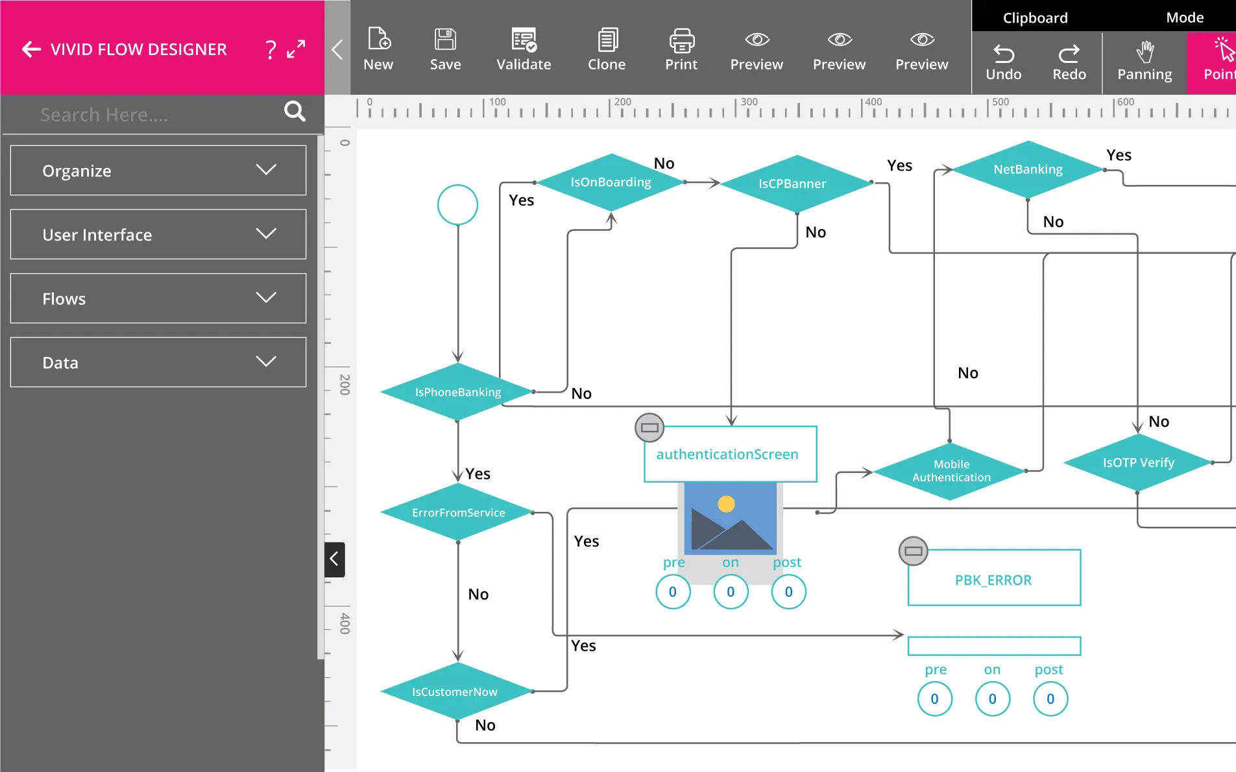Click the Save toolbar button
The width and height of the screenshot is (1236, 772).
click(445, 49)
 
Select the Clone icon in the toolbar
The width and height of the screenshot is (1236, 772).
click(607, 49)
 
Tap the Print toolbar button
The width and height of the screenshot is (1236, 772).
click(681, 49)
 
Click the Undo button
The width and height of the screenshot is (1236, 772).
click(1003, 62)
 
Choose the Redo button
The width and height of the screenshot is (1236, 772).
click(1069, 62)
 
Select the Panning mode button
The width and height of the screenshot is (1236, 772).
click(1145, 62)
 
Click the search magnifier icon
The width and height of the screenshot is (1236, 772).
click(295, 112)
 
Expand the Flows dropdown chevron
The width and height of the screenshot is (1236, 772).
click(266, 298)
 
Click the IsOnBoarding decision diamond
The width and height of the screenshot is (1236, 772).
click(611, 182)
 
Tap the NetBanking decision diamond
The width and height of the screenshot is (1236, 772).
click(1028, 169)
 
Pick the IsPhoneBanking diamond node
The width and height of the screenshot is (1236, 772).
click(457, 392)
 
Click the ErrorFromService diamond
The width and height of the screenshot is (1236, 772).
click(457, 513)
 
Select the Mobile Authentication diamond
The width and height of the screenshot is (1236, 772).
click(951, 471)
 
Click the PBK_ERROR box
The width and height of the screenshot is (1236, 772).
click(993, 579)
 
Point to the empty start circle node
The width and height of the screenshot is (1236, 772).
click(457, 205)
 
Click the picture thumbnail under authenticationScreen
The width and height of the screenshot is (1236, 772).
click(731, 519)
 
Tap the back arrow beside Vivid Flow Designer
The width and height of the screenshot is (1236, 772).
click(31, 49)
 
